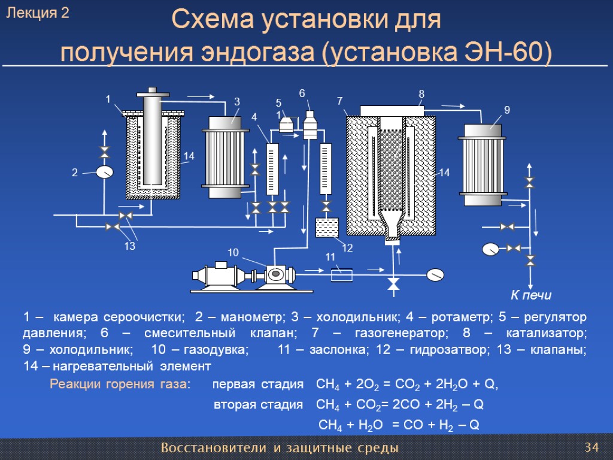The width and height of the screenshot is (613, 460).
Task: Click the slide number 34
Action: pos(591,447)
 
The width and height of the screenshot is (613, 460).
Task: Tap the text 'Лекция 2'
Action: pos(38,14)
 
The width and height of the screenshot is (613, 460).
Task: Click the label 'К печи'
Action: pos(530,295)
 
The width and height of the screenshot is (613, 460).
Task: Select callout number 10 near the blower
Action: pos(233,252)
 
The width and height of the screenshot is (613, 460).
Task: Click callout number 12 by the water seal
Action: pos(347,248)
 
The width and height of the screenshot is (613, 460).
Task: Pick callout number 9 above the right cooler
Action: pos(506,110)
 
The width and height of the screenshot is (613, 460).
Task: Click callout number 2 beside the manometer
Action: pos(75,172)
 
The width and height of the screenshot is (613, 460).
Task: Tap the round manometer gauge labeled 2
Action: pos(105,172)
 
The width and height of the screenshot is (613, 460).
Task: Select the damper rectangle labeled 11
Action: pos(341,273)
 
